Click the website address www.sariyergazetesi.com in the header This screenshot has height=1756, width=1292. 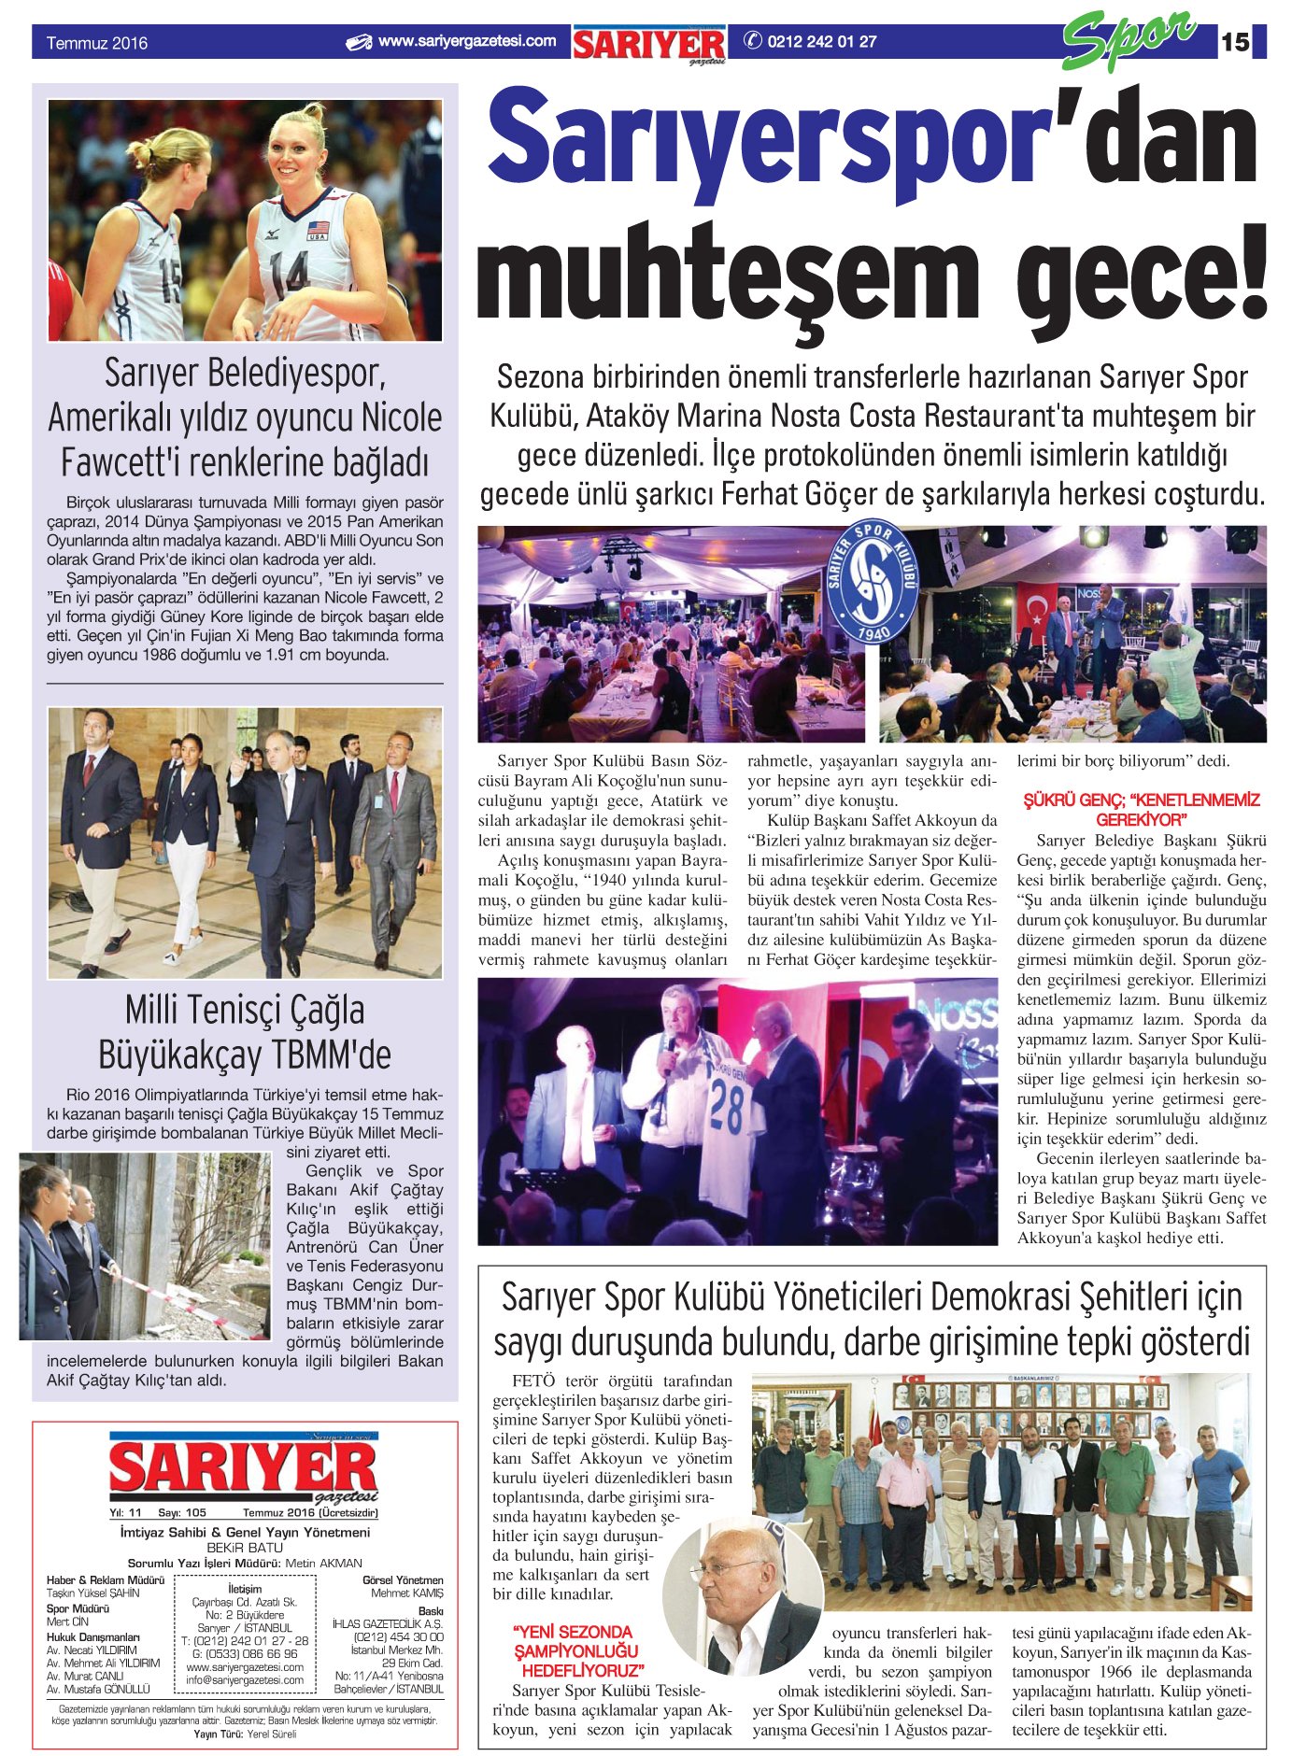(466, 41)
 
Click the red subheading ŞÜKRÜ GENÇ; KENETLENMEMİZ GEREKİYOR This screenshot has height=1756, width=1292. (1142, 810)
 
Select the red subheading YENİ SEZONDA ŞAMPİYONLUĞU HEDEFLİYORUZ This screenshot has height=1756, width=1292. (575, 1650)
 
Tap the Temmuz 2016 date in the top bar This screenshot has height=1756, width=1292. (97, 43)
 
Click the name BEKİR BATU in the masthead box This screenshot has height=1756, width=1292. (245, 1548)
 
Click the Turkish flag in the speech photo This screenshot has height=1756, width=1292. (1035, 610)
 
